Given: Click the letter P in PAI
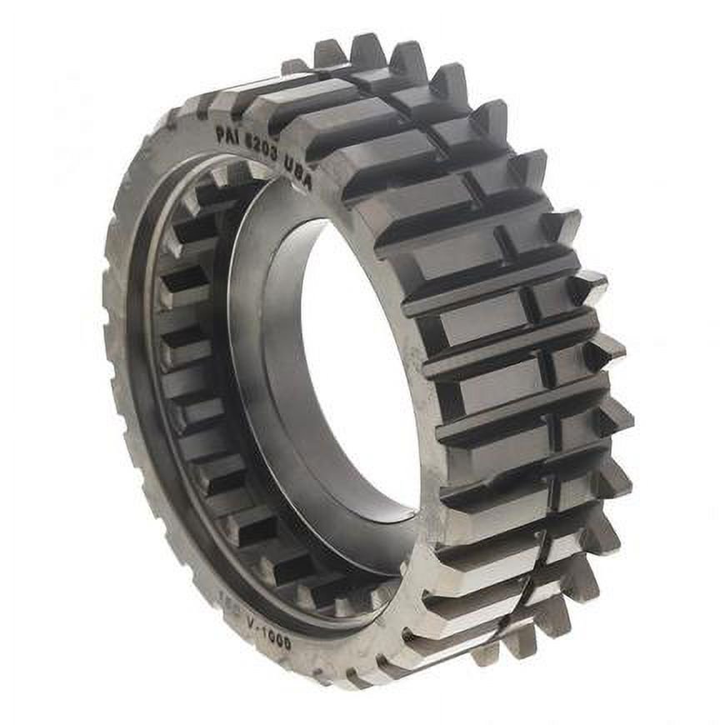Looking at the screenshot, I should point(220,132).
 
